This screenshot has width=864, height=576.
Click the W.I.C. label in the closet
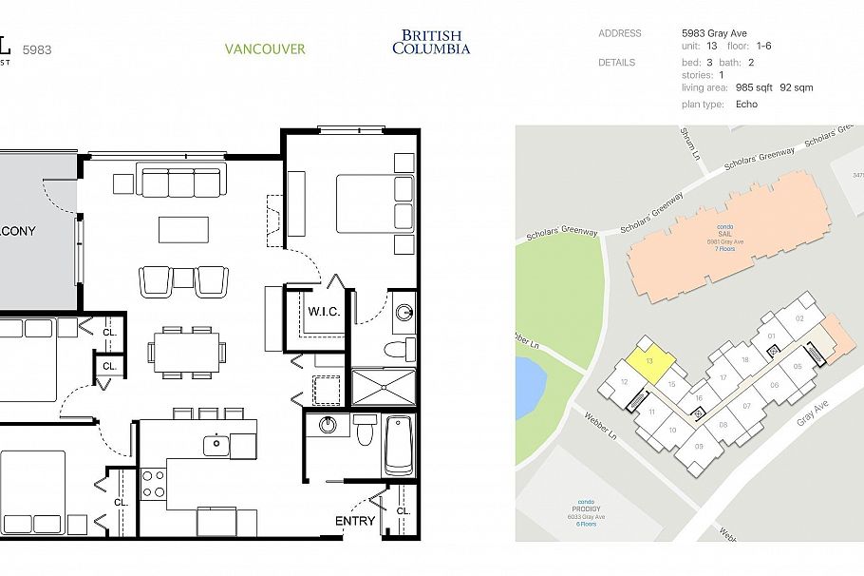(324, 311)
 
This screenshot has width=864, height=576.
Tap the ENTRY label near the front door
(355, 521)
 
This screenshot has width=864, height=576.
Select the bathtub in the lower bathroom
(400, 444)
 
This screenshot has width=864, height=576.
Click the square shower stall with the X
(384, 387)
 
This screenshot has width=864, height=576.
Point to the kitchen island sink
(217, 441)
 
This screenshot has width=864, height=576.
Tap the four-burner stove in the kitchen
(153, 484)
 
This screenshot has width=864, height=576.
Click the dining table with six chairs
(186, 350)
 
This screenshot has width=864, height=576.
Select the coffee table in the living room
(183, 229)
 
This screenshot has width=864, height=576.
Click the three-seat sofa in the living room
(180, 180)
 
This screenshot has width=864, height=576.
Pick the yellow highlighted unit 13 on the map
(649, 362)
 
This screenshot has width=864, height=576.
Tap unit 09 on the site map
(701, 447)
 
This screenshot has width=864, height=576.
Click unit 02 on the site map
(799, 318)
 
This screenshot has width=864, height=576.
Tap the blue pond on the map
(527, 387)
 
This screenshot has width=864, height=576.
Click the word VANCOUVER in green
(265, 48)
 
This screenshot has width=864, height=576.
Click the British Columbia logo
(430, 43)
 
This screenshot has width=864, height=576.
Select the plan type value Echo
(746, 104)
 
